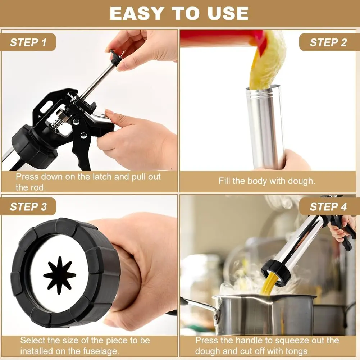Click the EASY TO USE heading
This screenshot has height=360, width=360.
tap(179, 13)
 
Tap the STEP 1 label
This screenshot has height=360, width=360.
tap(28, 42)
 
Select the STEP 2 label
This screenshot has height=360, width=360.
tap(328, 42)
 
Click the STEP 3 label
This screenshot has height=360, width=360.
tap(28, 207)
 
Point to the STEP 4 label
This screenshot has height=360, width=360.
tap(328, 207)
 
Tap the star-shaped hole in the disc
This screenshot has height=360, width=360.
tap(60, 275)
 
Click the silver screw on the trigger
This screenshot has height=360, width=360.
tap(83, 136)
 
